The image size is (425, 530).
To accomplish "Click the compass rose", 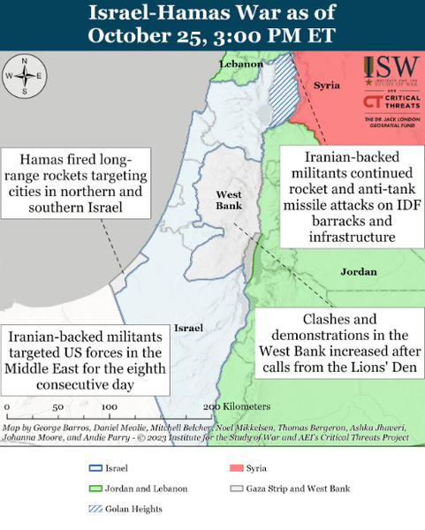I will (24, 75).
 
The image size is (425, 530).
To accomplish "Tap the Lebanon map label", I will (240, 64).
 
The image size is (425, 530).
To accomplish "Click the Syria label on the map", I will (326, 85).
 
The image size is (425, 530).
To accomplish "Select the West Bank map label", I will (229, 200).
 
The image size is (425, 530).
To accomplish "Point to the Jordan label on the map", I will (359, 272).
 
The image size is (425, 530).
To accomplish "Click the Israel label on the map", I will (189, 328).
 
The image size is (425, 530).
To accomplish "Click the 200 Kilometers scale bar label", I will (236, 406).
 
